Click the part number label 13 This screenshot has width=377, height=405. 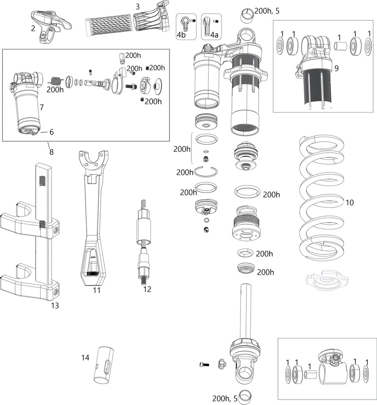(x=55, y=305)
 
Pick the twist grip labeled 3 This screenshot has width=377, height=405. (x=127, y=21)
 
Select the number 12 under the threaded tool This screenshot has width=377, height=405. (x=147, y=289)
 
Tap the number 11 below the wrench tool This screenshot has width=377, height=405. (x=96, y=291)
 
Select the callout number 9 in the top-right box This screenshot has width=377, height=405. (x=336, y=67)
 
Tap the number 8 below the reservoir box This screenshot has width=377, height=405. (x=51, y=152)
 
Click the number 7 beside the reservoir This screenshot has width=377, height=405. (x=42, y=108)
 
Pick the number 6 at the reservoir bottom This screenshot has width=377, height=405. (x=51, y=132)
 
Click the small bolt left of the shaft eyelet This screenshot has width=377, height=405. (x=204, y=364)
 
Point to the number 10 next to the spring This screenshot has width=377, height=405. (x=350, y=202)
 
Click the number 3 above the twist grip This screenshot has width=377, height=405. (x=138, y=6)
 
